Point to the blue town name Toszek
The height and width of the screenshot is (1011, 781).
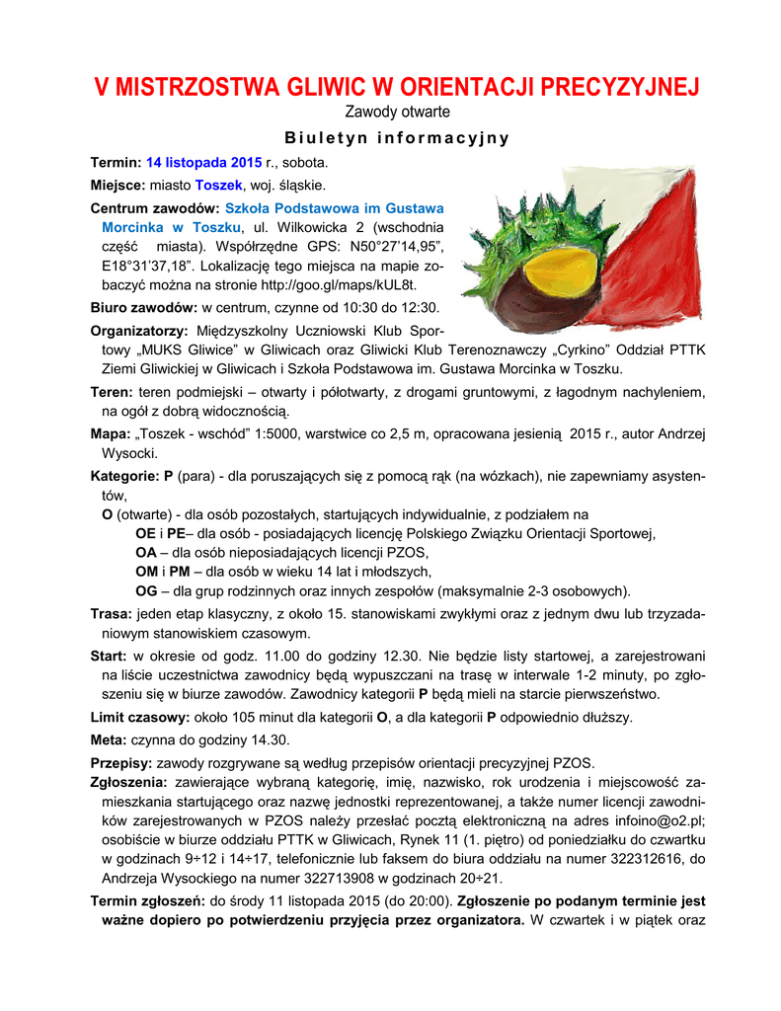(x=218, y=186)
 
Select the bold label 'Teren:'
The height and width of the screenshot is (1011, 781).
(x=113, y=393)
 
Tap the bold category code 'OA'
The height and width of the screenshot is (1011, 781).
(x=146, y=553)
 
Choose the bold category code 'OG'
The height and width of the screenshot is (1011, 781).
(x=146, y=591)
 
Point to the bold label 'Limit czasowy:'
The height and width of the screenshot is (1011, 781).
(x=137, y=717)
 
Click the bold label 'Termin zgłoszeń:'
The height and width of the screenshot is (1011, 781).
(x=147, y=901)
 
